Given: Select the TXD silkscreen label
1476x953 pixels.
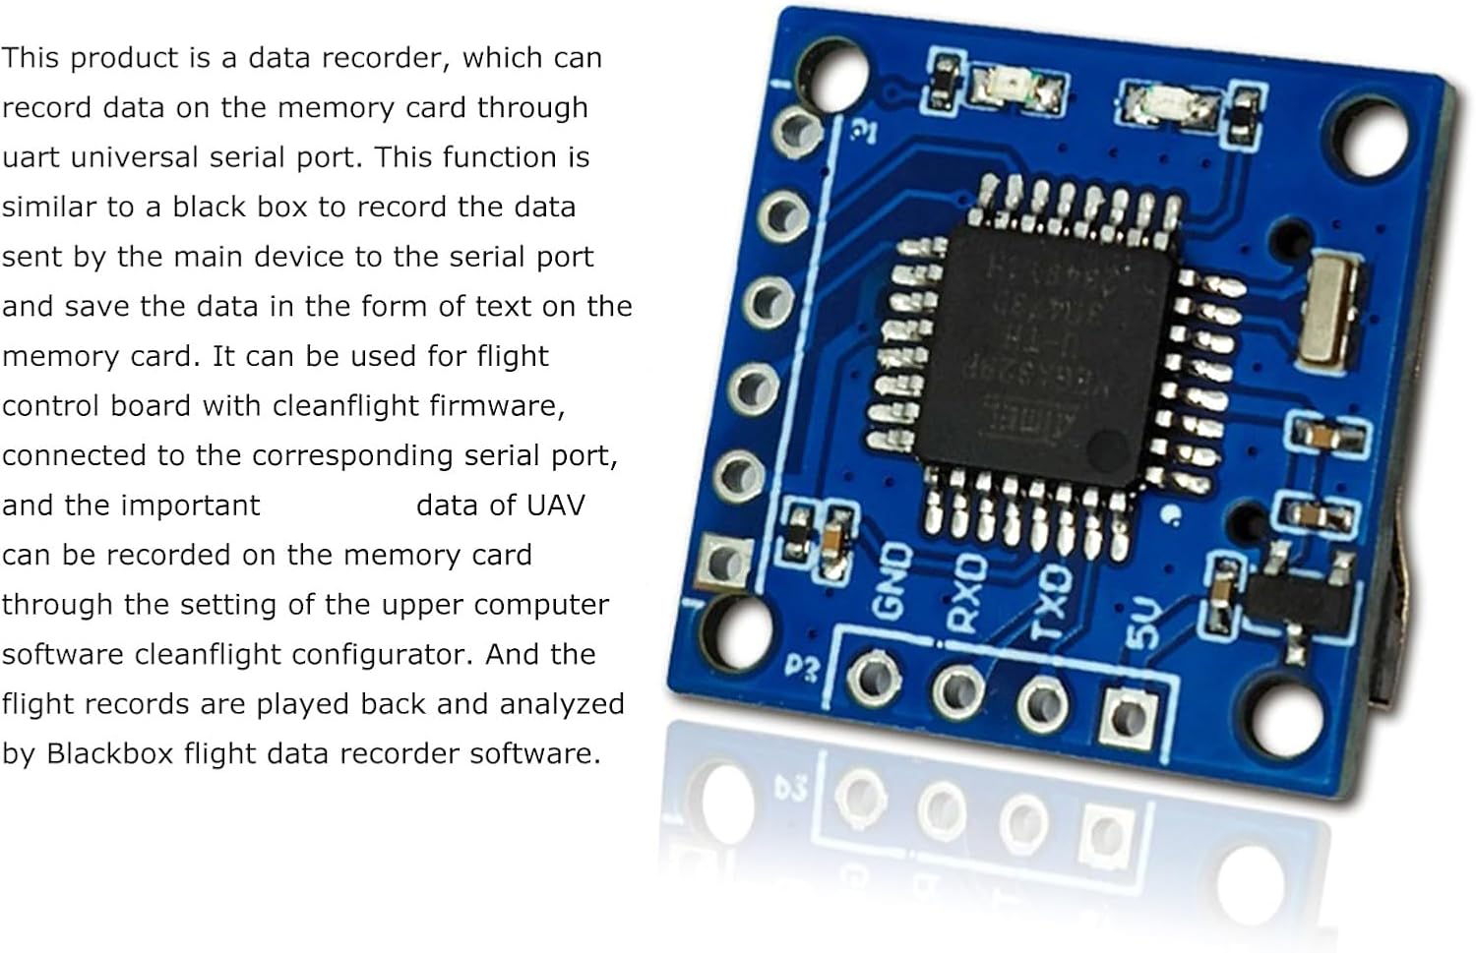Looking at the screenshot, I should pos(1050,602).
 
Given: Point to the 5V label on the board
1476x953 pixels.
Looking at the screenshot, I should pos(1142,624).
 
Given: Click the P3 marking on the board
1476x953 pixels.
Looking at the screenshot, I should pos(802,669).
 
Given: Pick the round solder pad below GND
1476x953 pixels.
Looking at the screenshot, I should pos(874,677).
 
